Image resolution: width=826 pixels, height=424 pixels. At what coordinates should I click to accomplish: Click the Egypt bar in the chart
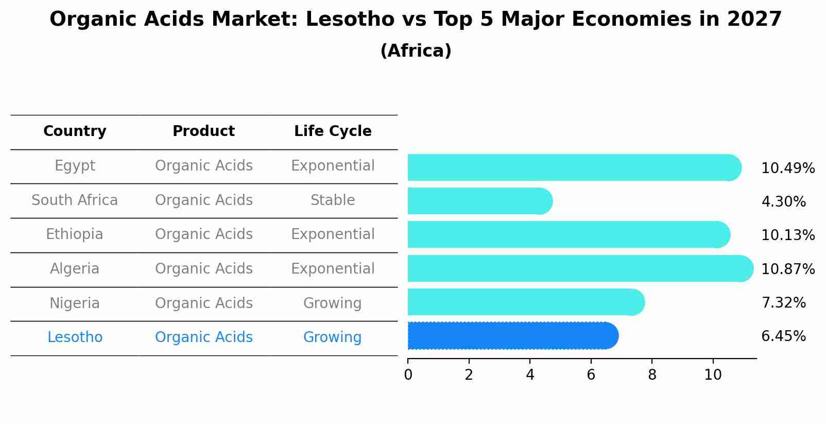pyautogui.click(x=572, y=167)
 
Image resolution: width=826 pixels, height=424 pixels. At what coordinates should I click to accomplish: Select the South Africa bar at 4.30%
pyautogui.click(x=479, y=201)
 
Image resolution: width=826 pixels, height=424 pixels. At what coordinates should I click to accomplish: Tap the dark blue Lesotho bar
pyautogui.click(x=512, y=336)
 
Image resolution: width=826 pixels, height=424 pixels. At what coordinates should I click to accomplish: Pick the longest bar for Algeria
pyautogui.click(x=579, y=268)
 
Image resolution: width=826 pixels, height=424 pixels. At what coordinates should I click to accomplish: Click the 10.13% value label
pyautogui.click(x=787, y=235)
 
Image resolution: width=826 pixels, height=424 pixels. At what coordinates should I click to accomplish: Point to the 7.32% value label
pyautogui.click(x=783, y=303)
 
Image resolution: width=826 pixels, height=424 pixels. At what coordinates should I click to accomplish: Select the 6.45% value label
pyautogui.click(x=783, y=336)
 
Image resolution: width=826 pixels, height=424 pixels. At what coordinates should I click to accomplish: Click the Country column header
pyautogui.click(x=75, y=131)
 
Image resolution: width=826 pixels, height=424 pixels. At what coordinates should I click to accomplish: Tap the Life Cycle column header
pyautogui.click(x=333, y=131)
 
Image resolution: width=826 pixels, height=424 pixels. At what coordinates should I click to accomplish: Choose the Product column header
pyautogui.click(x=203, y=131)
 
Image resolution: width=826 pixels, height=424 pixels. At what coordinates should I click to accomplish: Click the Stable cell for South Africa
pyautogui.click(x=333, y=200)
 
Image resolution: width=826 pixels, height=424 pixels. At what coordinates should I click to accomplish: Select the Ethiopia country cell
pyautogui.click(x=75, y=234)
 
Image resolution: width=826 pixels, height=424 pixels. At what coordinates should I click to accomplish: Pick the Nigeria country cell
pyautogui.click(x=75, y=303)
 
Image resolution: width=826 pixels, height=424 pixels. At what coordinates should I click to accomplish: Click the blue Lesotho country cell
pyautogui.click(x=75, y=337)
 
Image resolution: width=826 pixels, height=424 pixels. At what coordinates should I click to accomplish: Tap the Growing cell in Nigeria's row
pyautogui.click(x=333, y=303)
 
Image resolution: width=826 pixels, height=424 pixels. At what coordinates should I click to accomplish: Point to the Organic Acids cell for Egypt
pyautogui.click(x=203, y=166)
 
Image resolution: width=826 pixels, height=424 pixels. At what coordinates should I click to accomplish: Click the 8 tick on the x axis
pyautogui.click(x=652, y=375)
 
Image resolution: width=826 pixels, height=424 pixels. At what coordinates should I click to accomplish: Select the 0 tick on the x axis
pyautogui.click(x=408, y=375)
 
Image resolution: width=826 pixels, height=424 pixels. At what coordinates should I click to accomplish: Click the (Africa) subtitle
pyautogui.click(x=416, y=51)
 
